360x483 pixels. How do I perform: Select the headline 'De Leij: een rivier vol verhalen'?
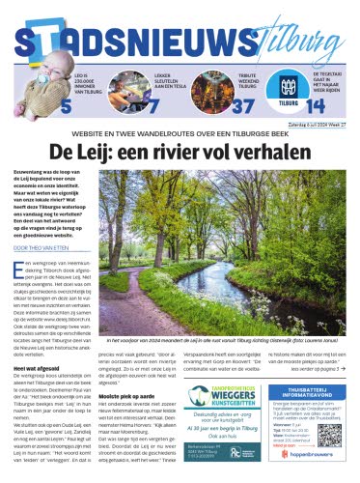180,153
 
